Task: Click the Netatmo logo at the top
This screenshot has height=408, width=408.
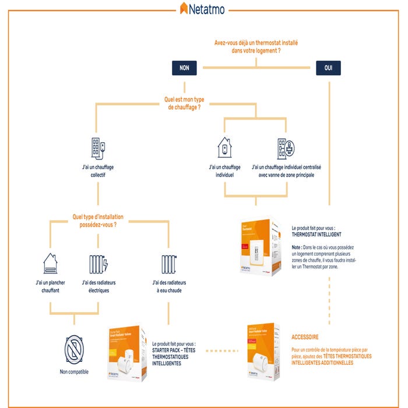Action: pyautogui.click(x=202, y=8)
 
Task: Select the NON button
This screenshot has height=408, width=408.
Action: pyautogui.click(x=184, y=68)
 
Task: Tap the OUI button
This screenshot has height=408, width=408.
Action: pyautogui.click(x=328, y=68)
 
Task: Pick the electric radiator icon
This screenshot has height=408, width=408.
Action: pyautogui.click(x=99, y=264)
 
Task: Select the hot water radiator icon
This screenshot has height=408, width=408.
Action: pyautogui.click(x=168, y=264)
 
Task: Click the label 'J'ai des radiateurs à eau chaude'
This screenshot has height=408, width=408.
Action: pyautogui.click(x=168, y=287)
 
